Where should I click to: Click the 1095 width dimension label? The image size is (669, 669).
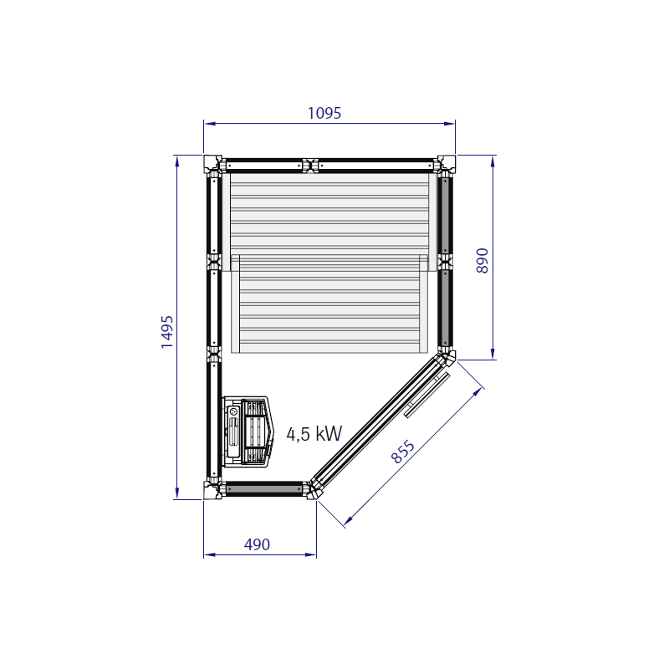(x=324, y=113)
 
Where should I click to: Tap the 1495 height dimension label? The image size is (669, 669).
(x=166, y=332)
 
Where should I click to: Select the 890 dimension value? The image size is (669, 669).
(x=483, y=260)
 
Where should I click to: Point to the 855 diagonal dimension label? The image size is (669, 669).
(x=403, y=452)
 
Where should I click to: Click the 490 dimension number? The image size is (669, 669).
(x=257, y=544)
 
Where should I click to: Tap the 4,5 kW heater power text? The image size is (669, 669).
(x=314, y=434)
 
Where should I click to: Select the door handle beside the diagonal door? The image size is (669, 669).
(x=427, y=395)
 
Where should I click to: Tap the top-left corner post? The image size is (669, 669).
(x=212, y=164)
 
